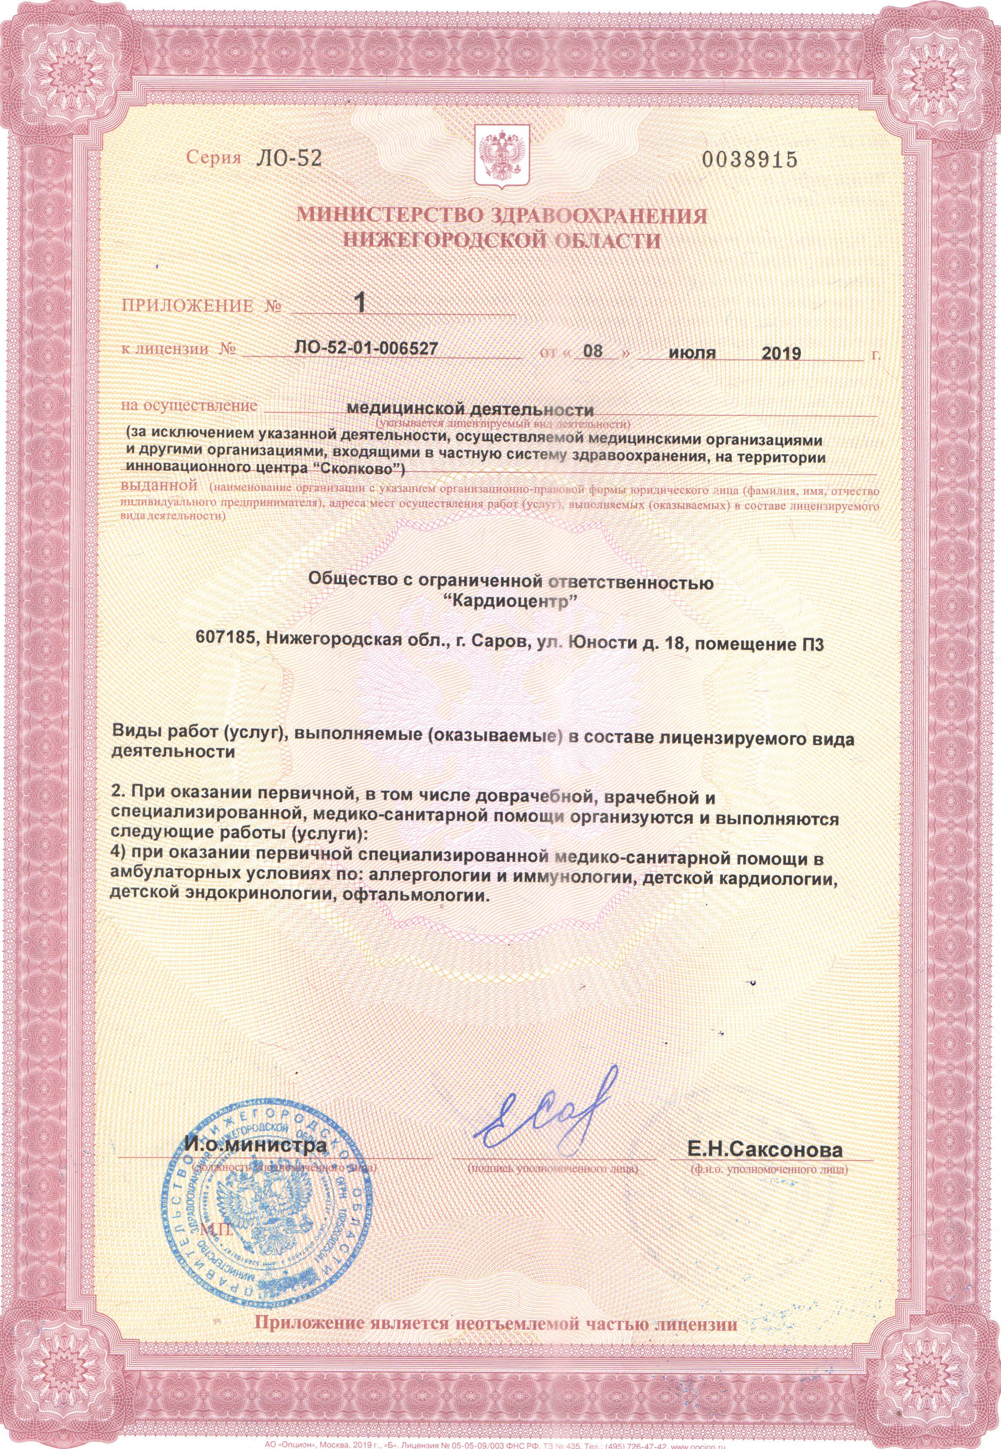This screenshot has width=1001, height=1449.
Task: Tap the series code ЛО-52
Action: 288,159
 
